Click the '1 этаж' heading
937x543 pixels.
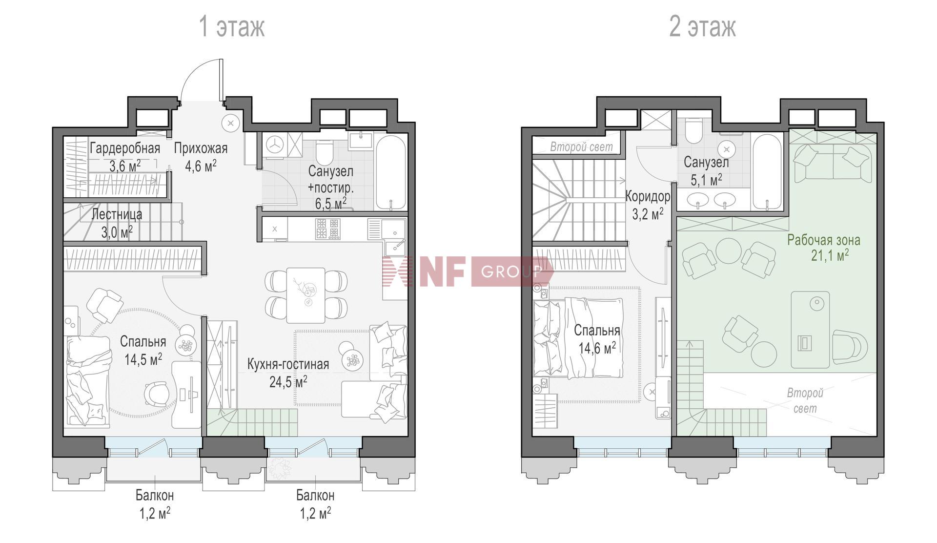pyautogui.click(x=232, y=26)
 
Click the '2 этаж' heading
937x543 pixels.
pyautogui.click(x=702, y=26)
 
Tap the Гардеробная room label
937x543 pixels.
pyautogui.click(x=125, y=148)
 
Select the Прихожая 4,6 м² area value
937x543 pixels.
pyautogui.click(x=201, y=166)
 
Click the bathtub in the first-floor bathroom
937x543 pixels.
pyautogui.click(x=390, y=172)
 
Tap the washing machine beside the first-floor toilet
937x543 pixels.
pyautogui.click(x=275, y=145)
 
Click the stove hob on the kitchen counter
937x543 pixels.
pyautogui.click(x=327, y=229)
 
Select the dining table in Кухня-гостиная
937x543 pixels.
pyautogui.click(x=306, y=295)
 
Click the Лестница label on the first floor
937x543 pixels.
pyautogui.click(x=117, y=214)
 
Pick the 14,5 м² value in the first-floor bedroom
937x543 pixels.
pyautogui.click(x=143, y=360)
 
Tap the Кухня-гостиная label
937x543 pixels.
pyautogui.click(x=288, y=364)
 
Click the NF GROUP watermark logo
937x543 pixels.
pyautogui.click(x=468, y=271)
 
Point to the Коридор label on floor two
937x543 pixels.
pyautogui.click(x=648, y=197)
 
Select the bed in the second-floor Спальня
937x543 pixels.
pyautogui.click(x=578, y=338)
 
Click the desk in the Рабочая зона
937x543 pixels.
pyautogui.click(x=810, y=330)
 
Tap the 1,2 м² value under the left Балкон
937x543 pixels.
pyautogui.click(x=155, y=514)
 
